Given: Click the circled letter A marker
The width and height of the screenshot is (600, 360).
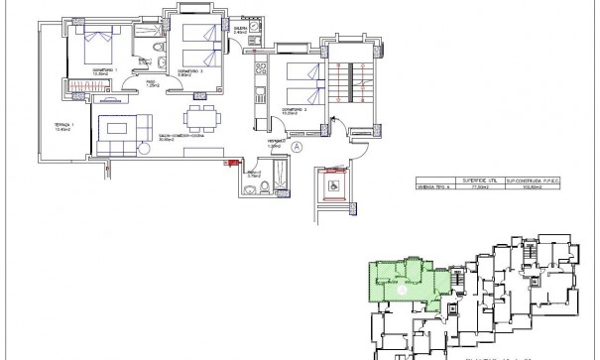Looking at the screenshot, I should tap(297, 144).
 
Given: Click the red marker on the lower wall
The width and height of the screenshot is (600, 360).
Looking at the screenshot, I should tap(234, 163).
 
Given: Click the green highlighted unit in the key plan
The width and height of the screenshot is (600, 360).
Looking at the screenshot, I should tap(397, 281).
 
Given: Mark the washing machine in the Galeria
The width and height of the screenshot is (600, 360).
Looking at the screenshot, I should tap(256, 30).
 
